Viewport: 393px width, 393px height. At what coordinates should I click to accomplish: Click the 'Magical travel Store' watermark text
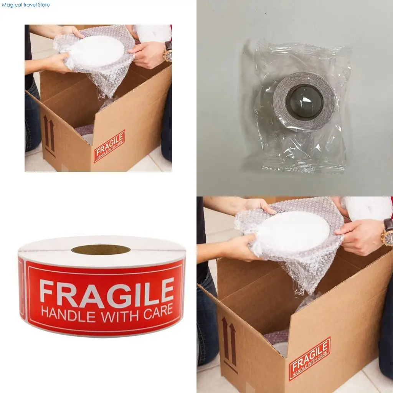[26, 5]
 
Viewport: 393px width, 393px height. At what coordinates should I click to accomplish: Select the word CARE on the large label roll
[159, 311]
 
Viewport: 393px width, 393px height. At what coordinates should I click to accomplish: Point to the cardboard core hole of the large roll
[101, 249]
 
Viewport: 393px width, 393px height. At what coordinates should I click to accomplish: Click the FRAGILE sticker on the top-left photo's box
[109, 146]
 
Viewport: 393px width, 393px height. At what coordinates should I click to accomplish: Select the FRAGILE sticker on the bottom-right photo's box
[310, 359]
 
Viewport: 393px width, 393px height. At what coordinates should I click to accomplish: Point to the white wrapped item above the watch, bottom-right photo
[367, 208]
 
